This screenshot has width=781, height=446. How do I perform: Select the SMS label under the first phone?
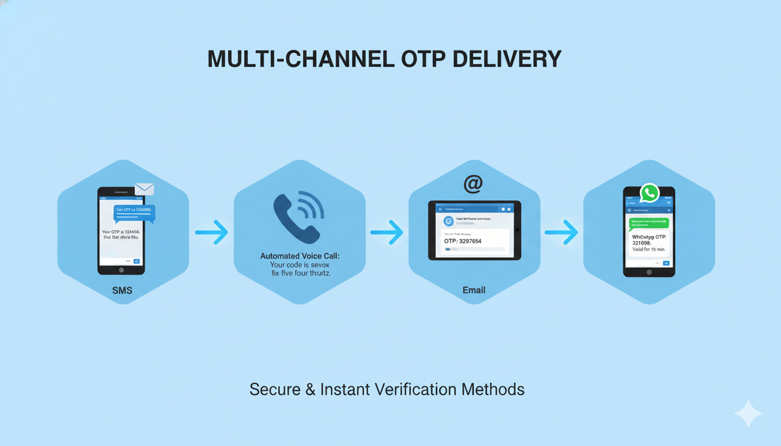click(x=122, y=290)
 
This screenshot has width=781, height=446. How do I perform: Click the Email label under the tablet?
click(x=474, y=290)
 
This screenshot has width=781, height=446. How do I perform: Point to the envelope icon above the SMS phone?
click(x=144, y=189)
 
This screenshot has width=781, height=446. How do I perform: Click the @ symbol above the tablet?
click(x=473, y=184)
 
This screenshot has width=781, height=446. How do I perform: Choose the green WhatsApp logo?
click(x=649, y=193)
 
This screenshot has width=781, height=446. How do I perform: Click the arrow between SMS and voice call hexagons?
click(x=212, y=232)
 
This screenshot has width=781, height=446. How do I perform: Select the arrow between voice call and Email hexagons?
click(x=387, y=232)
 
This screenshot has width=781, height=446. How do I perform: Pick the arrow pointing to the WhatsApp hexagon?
click(x=561, y=232)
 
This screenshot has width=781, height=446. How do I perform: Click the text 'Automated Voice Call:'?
click(x=299, y=256)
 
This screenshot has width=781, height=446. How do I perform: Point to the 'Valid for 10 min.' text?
click(x=649, y=250)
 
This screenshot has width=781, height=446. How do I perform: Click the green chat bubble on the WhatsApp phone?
click(x=649, y=222)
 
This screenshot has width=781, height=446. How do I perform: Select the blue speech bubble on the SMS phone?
click(x=135, y=213)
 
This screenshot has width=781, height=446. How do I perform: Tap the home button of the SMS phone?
click(x=121, y=270)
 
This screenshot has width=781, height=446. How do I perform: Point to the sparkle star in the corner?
click(x=748, y=413)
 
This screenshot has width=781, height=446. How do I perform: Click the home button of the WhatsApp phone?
click(x=649, y=272)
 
